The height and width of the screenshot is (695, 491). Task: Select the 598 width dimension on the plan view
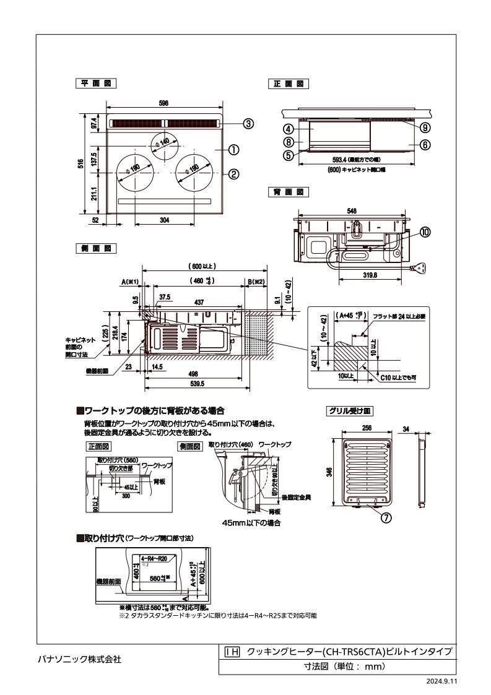tap(163, 104)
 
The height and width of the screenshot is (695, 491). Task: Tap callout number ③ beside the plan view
tap(248, 124)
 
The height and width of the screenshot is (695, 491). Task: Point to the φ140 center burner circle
tap(164, 144)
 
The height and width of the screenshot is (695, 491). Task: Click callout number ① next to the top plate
tap(234, 149)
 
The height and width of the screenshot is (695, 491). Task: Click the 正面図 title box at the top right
tap(288, 83)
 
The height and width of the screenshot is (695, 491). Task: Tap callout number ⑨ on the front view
tap(425, 127)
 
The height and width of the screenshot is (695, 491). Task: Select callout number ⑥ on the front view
tap(425, 144)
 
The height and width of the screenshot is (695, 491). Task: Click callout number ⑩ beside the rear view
tap(425, 232)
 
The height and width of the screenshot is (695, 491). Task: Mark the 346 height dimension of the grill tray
tap(331, 472)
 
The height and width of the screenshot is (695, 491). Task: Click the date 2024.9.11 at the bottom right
tap(440, 681)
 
